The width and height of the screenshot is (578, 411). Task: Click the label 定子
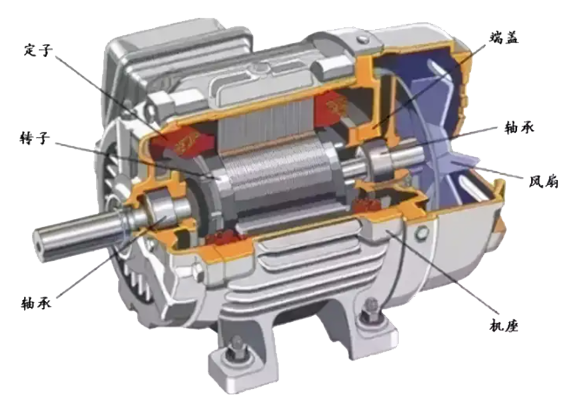38,50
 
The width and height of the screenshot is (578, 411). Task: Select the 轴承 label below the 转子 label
36,303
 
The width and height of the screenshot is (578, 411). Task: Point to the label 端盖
504,38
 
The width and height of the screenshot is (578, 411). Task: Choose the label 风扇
543,181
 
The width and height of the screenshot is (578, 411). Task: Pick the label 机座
504,325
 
